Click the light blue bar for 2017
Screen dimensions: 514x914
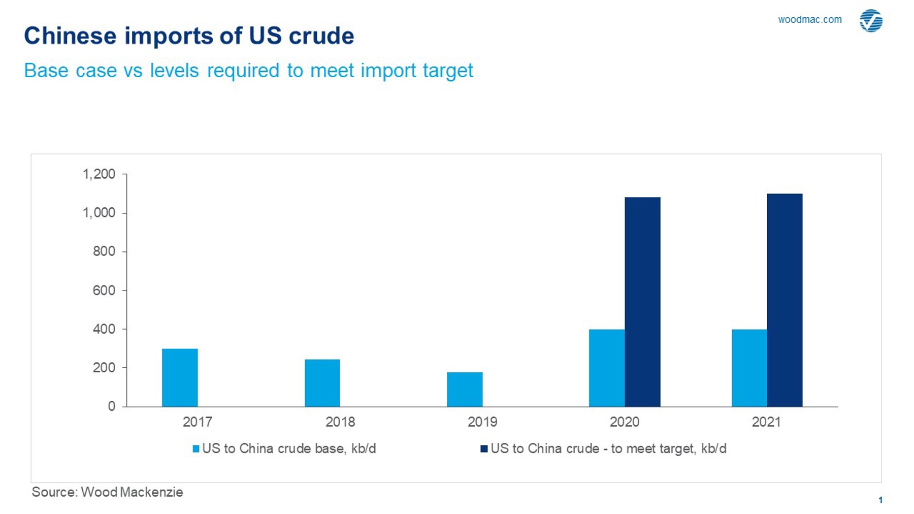pos(180,377)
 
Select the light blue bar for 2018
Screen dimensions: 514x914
pos(322,383)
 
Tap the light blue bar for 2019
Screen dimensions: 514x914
pos(465,389)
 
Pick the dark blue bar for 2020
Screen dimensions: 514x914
pos(642,302)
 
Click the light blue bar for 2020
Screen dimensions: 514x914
pos(607,368)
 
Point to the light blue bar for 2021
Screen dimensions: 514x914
pos(749,368)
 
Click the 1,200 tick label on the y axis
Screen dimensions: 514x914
pos(99,174)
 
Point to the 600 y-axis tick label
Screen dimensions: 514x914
pos(104,291)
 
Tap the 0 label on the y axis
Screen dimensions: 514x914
pos(111,406)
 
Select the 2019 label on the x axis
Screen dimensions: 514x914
pos(482,422)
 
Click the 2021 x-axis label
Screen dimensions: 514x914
pos(766,422)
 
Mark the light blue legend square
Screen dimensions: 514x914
pos(196,449)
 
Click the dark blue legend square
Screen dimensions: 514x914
pos(484,449)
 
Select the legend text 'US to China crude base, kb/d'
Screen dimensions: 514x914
pos(289,448)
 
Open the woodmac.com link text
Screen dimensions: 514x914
pos(810,20)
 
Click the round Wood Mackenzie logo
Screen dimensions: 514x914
pos(871,21)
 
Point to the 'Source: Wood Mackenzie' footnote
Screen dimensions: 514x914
pos(107,492)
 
